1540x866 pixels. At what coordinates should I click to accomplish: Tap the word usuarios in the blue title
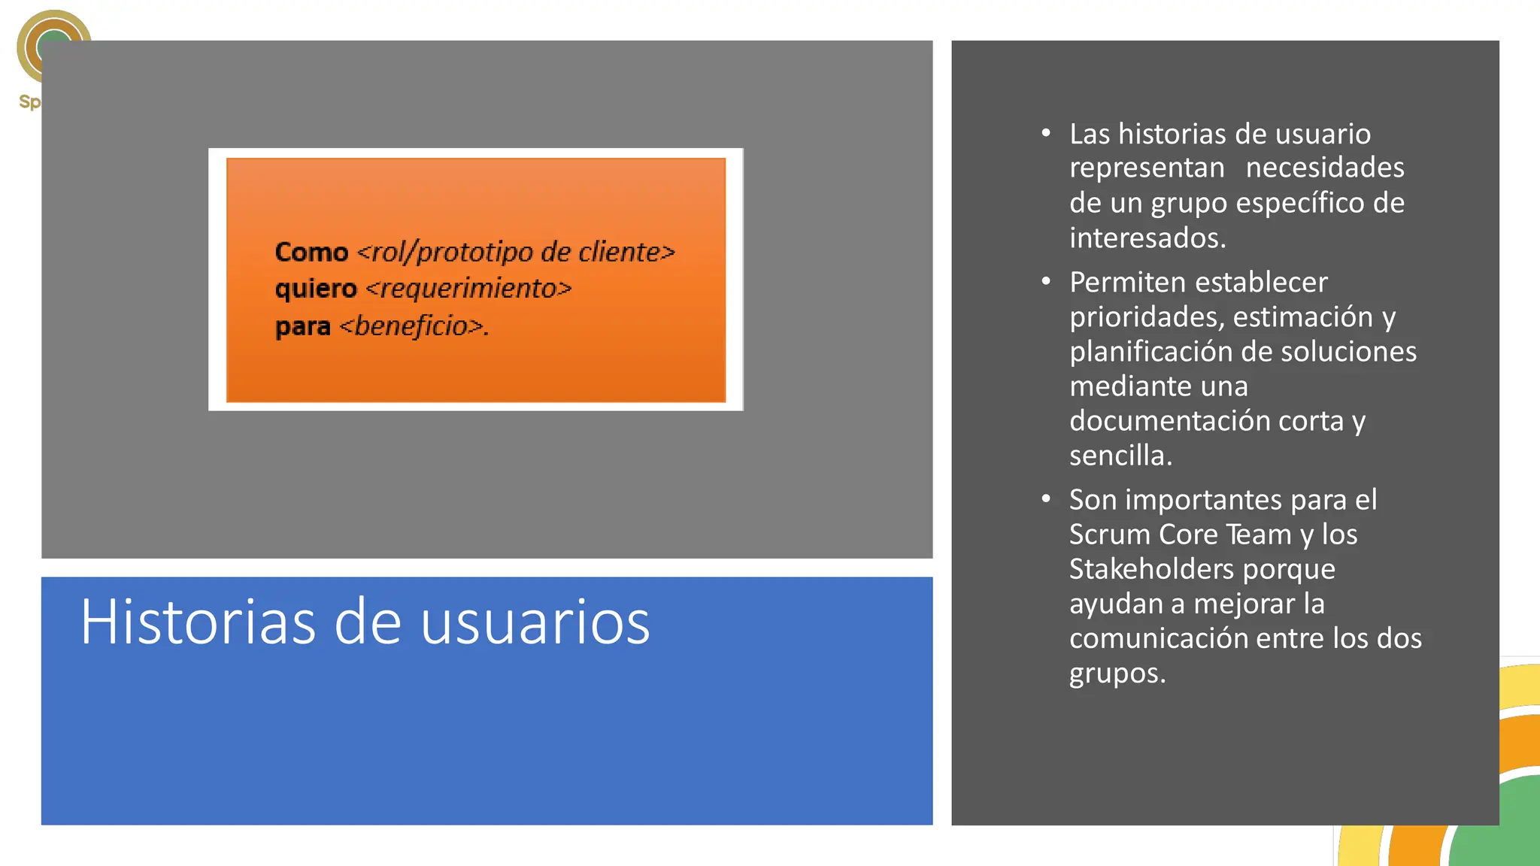tap(535, 622)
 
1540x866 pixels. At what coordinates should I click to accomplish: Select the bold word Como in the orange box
tap(311, 252)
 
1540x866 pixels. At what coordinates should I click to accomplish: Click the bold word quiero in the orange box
tap(316, 289)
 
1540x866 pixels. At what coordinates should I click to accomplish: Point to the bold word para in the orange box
tap(302, 326)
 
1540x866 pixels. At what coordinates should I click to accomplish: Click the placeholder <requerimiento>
tap(468, 289)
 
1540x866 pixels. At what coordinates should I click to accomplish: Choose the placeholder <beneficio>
tap(413, 326)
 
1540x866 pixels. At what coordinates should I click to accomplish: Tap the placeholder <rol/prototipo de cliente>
tap(516, 252)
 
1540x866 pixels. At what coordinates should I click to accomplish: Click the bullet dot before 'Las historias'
tap(1045, 134)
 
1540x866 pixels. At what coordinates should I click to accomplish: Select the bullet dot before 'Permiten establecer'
tap(1045, 282)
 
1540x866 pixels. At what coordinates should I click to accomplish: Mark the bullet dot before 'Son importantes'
tap(1045, 499)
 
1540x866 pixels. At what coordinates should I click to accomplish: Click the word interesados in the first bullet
tap(1147, 238)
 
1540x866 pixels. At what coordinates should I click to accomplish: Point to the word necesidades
tap(1325, 168)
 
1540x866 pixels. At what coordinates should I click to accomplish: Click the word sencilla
tap(1120, 456)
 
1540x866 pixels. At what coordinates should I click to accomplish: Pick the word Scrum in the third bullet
tap(1110, 534)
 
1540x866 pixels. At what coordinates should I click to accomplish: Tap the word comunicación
tap(1159, 638)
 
